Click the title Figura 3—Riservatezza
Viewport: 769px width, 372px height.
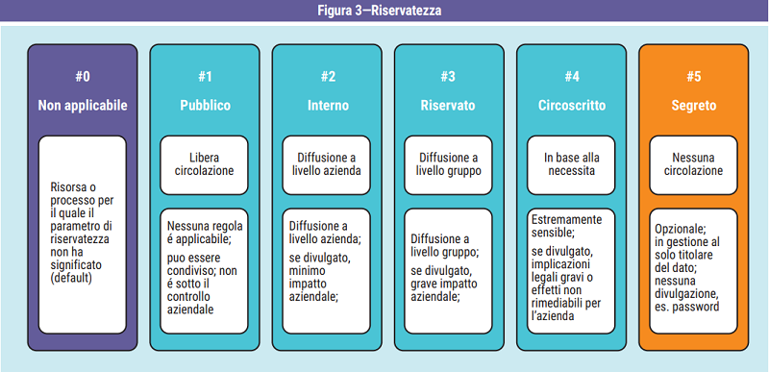click(384, 11)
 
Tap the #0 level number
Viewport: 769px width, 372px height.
click(82, 77)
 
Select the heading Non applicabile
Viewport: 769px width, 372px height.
click(82, 105)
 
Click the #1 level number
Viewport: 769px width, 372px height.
click(205, 77)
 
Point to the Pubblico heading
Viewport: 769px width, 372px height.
click(205, 105)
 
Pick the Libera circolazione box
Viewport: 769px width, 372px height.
click(205, 163)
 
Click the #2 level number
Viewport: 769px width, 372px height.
click(328, 77)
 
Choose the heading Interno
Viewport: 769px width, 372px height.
click(328, 105)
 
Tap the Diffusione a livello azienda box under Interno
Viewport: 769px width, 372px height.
click(328, 163)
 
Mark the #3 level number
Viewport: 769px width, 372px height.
click(449, 77)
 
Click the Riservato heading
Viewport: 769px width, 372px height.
click(449, 105)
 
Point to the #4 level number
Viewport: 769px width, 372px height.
click(572, 77)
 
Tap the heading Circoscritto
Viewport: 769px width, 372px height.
click(572, 105)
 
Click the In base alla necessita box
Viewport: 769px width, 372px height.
click(572, 163)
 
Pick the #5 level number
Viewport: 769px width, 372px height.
click(694, 77)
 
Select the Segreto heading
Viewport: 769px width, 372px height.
click(694, 105)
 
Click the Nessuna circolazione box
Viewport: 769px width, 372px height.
click(694, 163)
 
